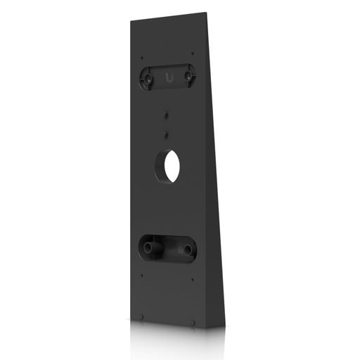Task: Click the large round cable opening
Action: tap(168, 166)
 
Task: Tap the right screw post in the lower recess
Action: tap(188, 250)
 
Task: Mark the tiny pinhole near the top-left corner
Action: tap(142, 58)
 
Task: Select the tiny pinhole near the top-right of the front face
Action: tap(192, 52)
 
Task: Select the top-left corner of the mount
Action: tap(131, 22)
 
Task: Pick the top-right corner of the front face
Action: tap(205, 13)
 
